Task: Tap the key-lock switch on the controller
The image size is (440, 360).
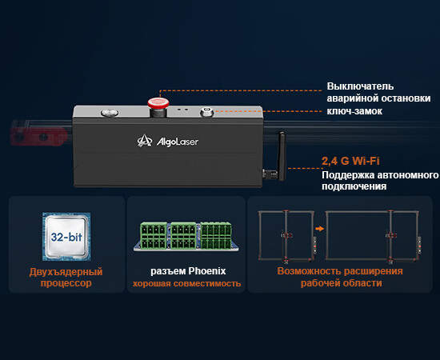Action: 207,112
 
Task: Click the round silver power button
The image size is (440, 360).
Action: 110,113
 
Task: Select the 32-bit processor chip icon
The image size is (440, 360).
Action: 66,237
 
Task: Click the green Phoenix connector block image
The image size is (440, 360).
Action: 186,237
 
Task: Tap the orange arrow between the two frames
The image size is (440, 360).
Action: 319,229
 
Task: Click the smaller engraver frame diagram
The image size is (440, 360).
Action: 286,237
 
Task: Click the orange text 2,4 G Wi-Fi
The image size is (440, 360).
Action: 350,161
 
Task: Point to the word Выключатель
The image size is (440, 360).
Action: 360,86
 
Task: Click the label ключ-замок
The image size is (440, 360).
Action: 354,111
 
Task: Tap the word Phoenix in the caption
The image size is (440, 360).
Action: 207,271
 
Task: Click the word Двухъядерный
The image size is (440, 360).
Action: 66,272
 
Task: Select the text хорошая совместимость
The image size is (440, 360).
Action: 186,283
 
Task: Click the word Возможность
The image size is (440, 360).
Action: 309,271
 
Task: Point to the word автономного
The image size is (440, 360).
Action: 407,175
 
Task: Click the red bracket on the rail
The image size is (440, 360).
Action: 38,137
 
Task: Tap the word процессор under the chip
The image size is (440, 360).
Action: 66,283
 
